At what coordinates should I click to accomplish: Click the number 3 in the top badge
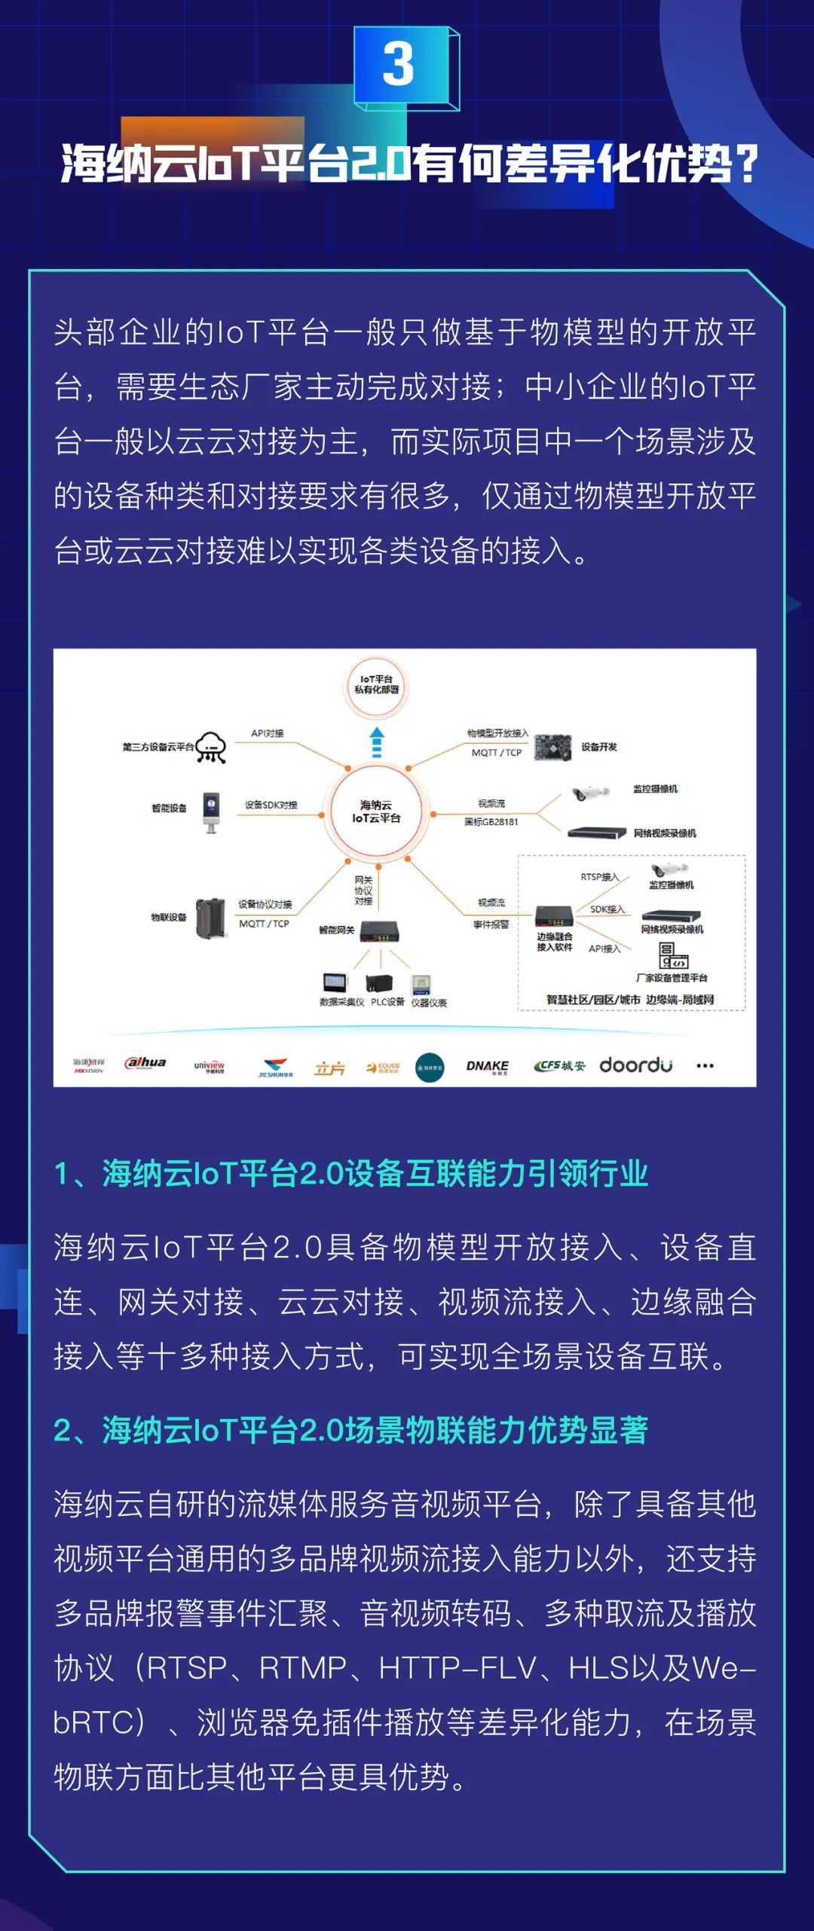tap(398, 65)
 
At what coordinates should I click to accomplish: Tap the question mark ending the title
tap(745, 164)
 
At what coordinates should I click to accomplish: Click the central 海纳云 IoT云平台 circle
tap(376, 811)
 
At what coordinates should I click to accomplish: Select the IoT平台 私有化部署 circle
tap(376, 685)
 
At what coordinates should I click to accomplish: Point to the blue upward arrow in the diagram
tap(377, 742)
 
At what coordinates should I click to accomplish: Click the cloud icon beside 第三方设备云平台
tap(211, 747)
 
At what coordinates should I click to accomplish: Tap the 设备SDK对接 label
tap(271, 805)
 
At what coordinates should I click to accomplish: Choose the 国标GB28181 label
tap(491, 822)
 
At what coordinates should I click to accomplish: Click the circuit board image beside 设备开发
tap(552, 747)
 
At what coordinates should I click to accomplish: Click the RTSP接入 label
tap(599, 877)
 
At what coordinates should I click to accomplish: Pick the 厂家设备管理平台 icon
tap(673, 956)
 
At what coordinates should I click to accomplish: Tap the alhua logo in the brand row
tap(145, 1063)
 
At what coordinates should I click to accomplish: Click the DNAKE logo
tap(487, 1066)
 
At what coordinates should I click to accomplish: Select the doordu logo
tap(635, 1065)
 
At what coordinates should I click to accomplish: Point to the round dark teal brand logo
tap(430, 1068)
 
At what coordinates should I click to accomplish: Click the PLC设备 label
tap(387, 1002)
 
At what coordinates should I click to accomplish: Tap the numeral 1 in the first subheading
tap(63, 1174)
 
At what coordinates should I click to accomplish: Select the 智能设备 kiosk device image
tap(211, 812)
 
